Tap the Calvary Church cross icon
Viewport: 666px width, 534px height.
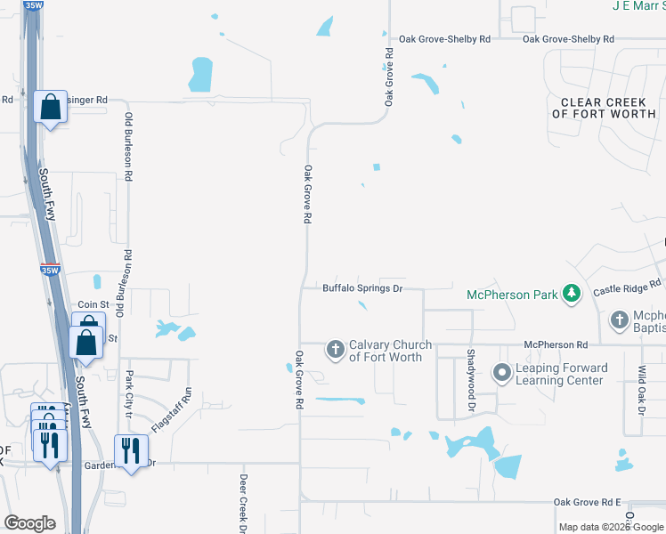coord(336,349)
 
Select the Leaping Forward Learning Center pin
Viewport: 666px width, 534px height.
coord(501,372)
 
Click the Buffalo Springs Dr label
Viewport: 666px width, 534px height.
coord(363,288)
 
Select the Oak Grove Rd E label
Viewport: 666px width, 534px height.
coord(587,503)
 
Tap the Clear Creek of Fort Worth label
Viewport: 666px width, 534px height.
coord(604,109)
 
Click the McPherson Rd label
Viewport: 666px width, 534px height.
coord(556,344)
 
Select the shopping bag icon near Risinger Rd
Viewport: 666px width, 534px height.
coord(51,108)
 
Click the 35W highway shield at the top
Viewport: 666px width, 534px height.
coord(34,5)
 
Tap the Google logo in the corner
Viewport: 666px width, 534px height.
coord(29,523)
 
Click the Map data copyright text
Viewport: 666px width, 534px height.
coord(611,527)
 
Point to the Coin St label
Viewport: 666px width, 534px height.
coord(93,304)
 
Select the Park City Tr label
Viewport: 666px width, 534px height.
coord(129,396)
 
